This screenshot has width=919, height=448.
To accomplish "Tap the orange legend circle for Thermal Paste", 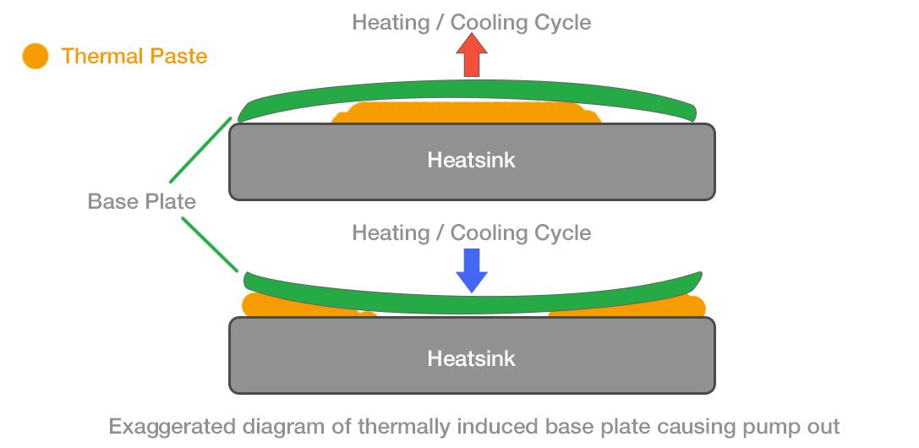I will click(35, 57).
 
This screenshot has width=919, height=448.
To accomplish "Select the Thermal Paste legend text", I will click(134, 57).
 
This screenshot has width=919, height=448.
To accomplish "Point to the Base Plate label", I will click(142, 201).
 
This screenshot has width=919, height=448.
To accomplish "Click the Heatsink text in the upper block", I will click(471, 160).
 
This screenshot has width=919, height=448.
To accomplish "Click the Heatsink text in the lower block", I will click(471, 358).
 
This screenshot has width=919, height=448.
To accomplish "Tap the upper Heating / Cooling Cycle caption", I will click(472, 22).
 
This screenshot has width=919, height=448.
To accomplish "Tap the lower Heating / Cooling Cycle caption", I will click(472, 232).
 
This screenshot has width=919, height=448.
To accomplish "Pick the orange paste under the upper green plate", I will click(465, 113).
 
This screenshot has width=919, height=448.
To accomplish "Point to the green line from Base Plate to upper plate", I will click(200, 150).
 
